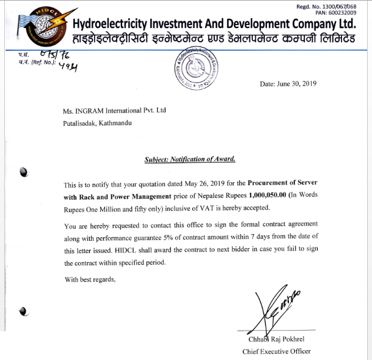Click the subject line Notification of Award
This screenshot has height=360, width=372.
coord(190,159)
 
